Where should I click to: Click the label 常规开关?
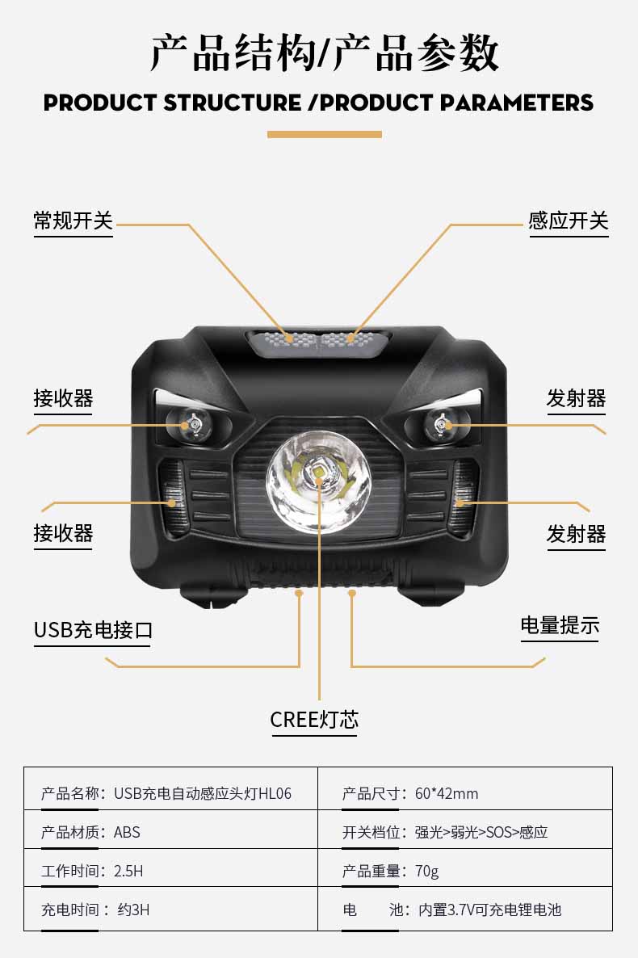click(73, 221)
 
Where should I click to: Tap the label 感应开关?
click(569, 221)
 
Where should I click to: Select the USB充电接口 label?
click(93, 629)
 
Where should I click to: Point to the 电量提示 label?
click(560, 625)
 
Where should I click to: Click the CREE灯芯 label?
click(314, 719)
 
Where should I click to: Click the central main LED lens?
click(318, 482)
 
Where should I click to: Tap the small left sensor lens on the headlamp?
click(190, 423)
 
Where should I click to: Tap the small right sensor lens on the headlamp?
click(446, 424)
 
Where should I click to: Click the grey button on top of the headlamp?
click(318, 342)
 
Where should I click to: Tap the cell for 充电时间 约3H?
click(170, 909)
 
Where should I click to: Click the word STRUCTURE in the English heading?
click(233, 103)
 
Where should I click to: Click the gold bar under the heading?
click(325, 134)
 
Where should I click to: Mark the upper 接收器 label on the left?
click(63, 397)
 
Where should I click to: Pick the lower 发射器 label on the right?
click(576, 533)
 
